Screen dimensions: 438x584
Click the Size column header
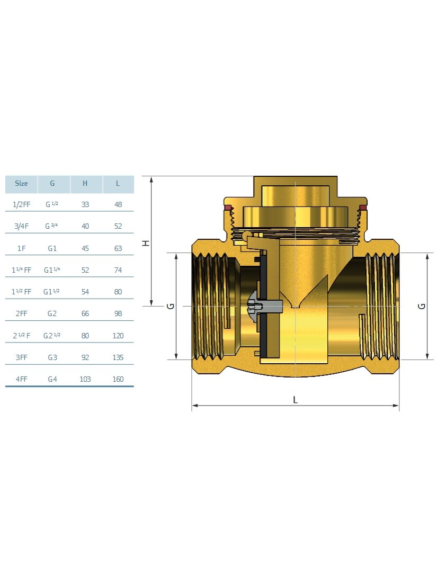tap(21, 183)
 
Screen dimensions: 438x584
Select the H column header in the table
tap(85, 183)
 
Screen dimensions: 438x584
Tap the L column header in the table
tap(118, 183)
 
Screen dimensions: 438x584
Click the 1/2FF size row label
tap(22, 204)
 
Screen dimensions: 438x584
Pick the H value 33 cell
tap(85, 204)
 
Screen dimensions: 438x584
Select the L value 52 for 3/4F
tap(118, 226)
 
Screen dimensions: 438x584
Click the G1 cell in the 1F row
tap(52, 248)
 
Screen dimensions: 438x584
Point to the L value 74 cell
tap(118, 270)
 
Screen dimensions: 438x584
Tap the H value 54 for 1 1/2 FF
tap(85, 292)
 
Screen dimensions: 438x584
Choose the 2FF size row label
tap(22, 313)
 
